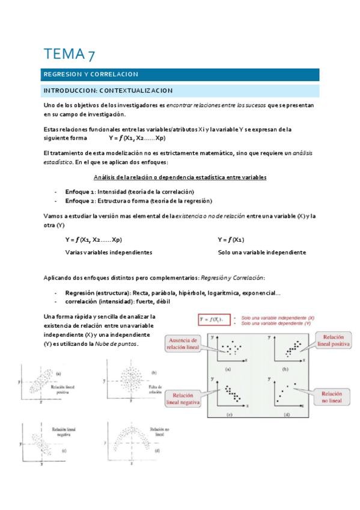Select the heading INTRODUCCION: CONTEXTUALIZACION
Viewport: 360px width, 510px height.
[108, 90]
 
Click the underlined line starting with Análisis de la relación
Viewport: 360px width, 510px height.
[180, 177]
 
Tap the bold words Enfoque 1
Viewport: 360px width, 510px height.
[79, 191]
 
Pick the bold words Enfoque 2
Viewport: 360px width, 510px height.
[79, 200]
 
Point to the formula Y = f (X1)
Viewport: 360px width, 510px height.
[231, 239]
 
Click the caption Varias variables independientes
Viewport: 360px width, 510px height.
[108, 252]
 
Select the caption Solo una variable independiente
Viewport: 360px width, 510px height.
[261, 252]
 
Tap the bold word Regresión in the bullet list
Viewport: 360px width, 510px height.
[79, 293]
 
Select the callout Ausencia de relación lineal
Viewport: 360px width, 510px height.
[184, 343]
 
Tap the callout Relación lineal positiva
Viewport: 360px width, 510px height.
[332, 341]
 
